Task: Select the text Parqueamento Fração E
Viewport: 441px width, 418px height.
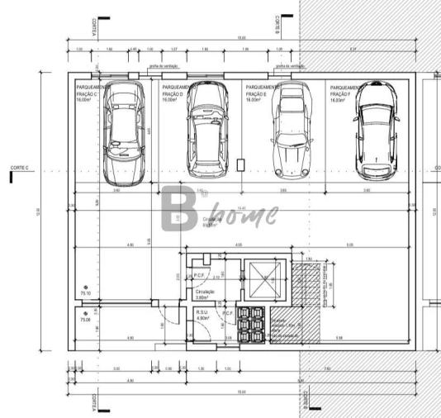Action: pyautogui.click(x=262, y=92)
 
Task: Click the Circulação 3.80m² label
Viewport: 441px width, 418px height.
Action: pyautogui.click(x=205, y=294)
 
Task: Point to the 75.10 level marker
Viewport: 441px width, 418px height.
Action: pyautogui.click(x=85, y=292)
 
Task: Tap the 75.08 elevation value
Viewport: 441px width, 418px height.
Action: pyautogui.click(x=85, y=318)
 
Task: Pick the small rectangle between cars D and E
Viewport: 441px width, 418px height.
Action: pyautogui.click(x=240, y=164)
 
